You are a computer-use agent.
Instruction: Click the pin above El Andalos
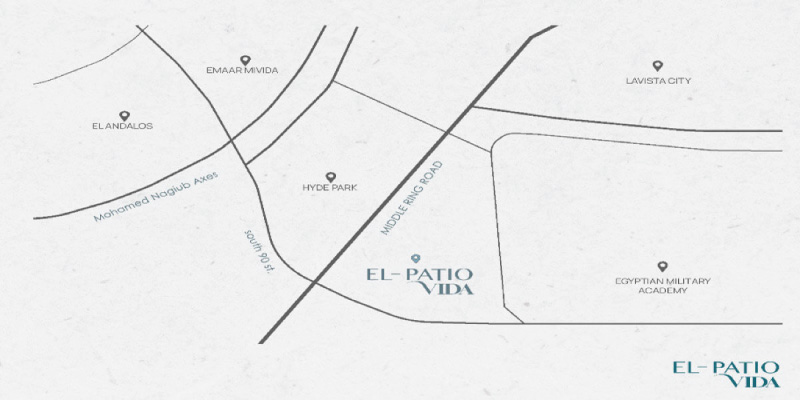tap(124, 115)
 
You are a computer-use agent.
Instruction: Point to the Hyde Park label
tap(330, 187)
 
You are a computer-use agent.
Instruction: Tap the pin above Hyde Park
tap(330, 175)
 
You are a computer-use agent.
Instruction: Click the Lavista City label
tap(658, 80)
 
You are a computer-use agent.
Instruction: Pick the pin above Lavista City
tap(657, 65)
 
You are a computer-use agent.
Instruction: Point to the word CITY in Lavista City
tap(681, 80)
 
